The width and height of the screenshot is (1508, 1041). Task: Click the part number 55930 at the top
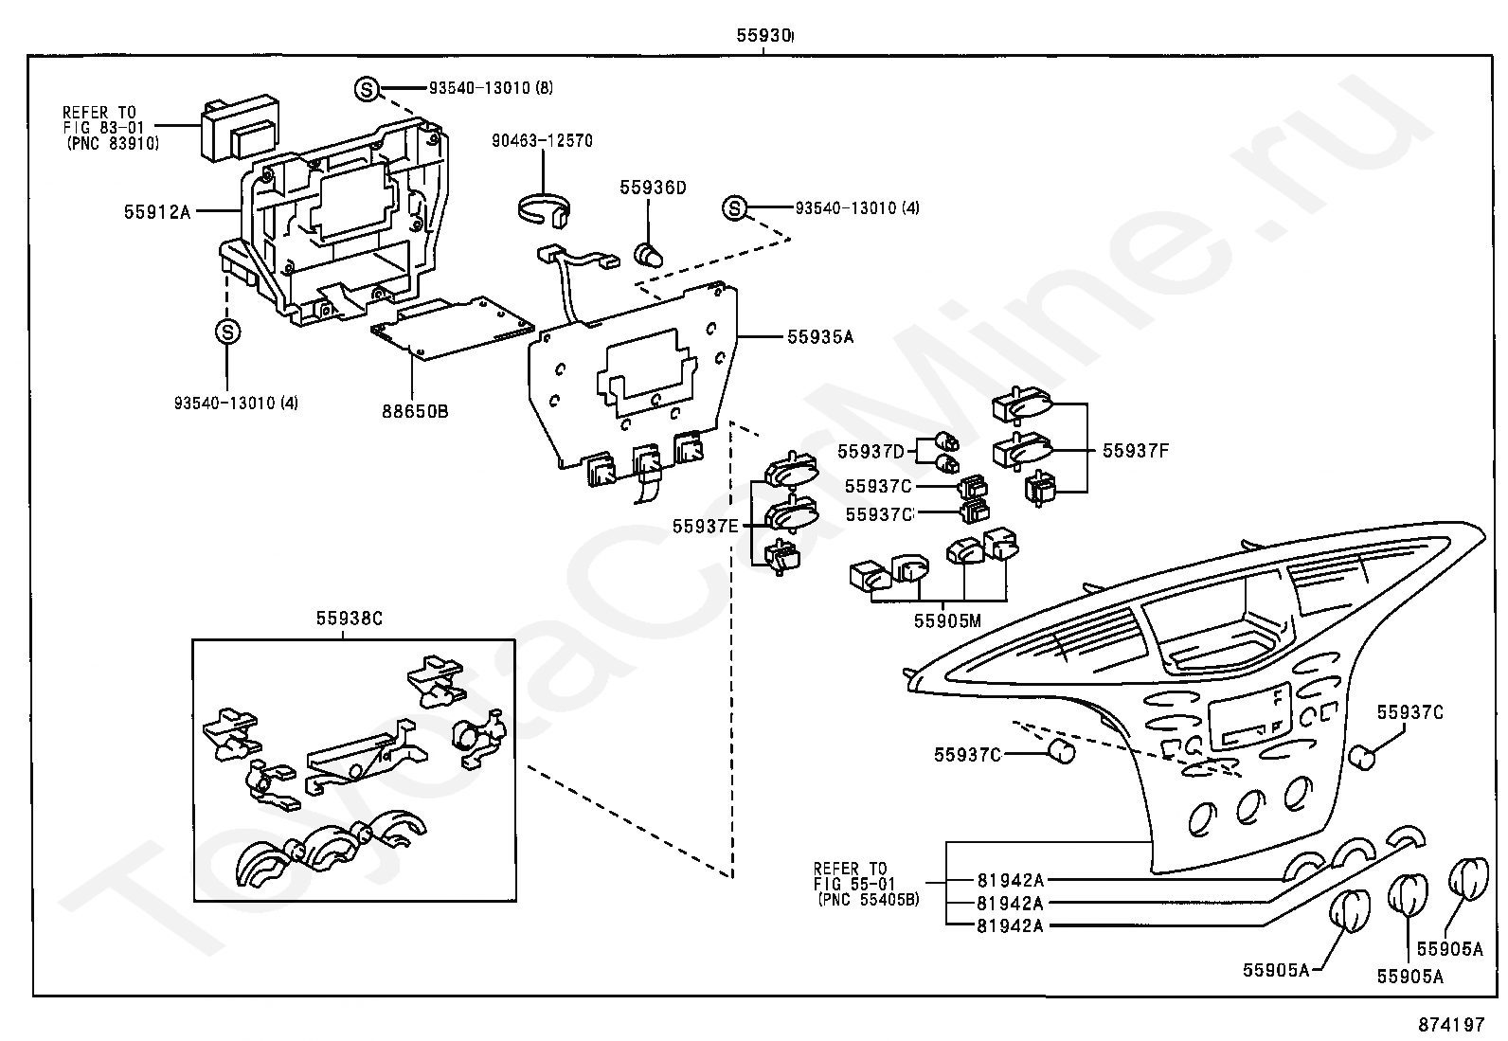coord(763,35)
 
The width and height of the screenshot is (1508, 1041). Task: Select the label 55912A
coord(157,212)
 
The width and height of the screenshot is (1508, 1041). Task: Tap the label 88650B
coord(415,411)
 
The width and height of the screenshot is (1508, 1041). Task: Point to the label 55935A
coord(820,336)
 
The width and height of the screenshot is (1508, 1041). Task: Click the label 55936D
coord(653,188)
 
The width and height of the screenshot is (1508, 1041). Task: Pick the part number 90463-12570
coord(542,141)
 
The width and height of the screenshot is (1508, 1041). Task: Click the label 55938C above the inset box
coord(350,619)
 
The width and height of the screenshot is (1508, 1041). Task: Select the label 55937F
coord(1135,451)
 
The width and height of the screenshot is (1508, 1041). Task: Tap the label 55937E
coord(705,527)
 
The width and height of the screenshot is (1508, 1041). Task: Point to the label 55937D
coord(871,451)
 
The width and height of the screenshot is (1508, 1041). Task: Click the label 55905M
coord(947,620)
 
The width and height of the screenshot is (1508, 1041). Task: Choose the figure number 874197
coord(1451,1024)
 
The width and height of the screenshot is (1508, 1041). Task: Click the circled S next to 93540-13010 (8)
coord(367,89)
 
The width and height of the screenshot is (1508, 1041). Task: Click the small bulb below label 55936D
coord(649,255)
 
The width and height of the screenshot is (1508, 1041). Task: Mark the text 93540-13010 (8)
coord(491,87)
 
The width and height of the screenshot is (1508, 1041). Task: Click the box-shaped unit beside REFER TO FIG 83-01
coord(240,128)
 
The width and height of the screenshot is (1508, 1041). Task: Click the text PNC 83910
coord(113,143)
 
